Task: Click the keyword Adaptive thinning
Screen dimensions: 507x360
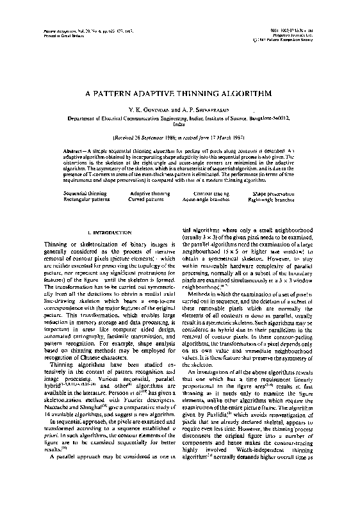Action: pyautogui.click(x=150, y=192)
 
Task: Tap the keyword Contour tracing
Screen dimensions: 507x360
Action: pyautogui.click(x=211, y=192)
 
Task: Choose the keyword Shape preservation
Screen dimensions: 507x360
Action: pyautogui.click(x=274, y=192)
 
